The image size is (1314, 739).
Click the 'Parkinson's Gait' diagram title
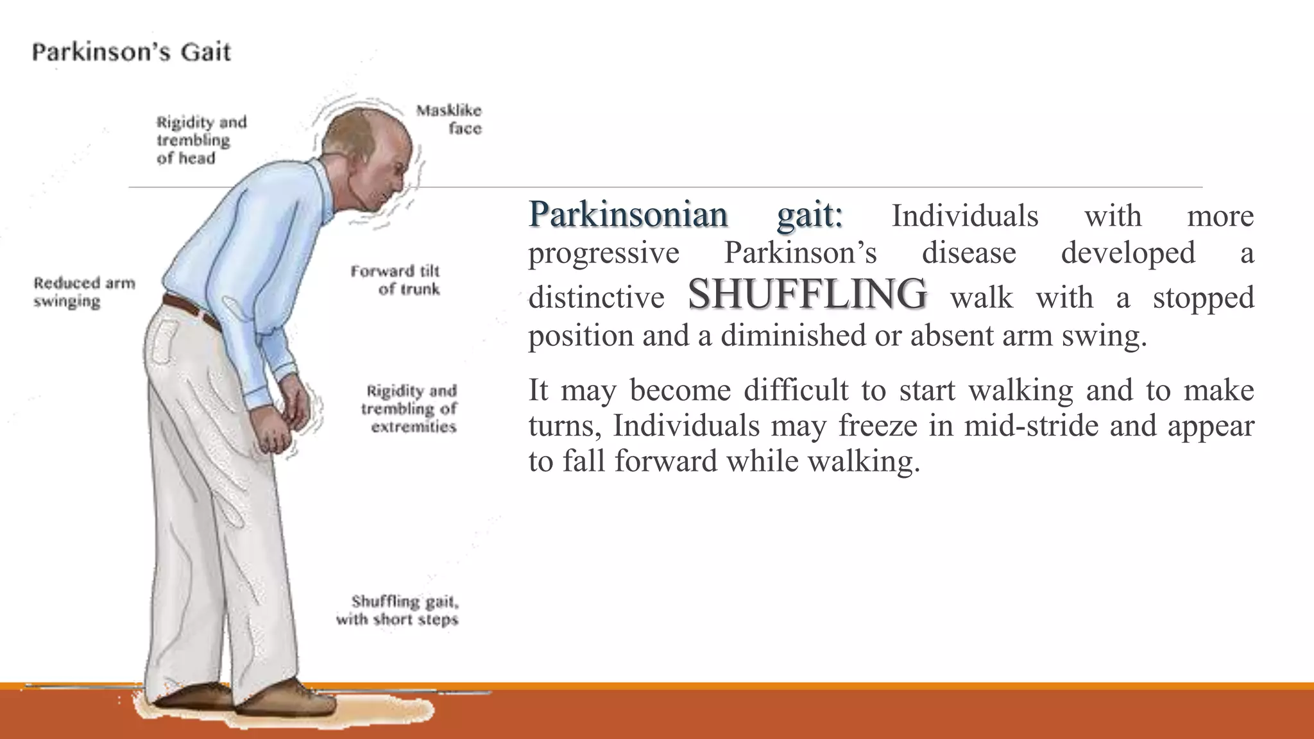point(131,52)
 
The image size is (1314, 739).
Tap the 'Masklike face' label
point(449,119)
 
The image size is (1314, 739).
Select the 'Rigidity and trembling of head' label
point(201,140)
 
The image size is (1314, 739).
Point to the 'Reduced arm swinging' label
point(84,292)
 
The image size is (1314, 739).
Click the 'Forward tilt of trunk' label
point(396,280)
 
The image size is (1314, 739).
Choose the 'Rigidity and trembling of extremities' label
point(409,409)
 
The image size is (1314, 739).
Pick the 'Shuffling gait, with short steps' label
point(398,610)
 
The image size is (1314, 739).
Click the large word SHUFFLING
point(807,294)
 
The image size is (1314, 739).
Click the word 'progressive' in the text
point(604,252)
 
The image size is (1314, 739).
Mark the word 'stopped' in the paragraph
point(1203,297)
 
